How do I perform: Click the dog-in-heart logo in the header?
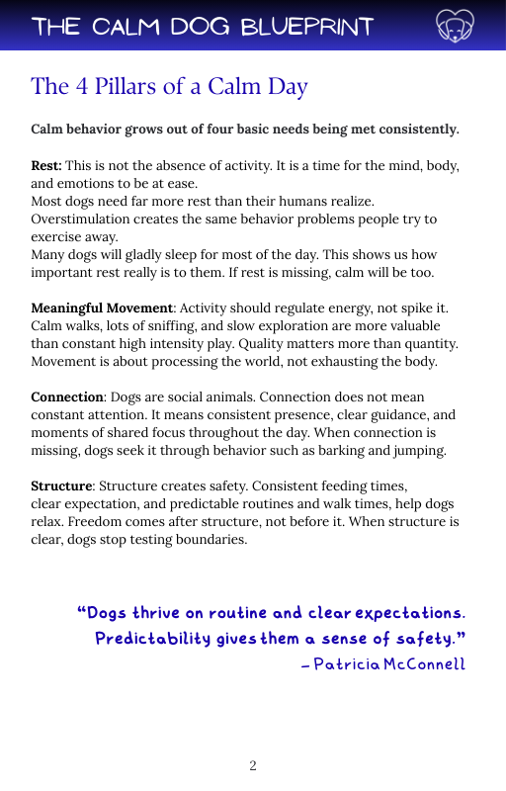coord(454,26)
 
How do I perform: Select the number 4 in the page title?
coord(80,87)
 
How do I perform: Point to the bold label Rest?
coord(46,165)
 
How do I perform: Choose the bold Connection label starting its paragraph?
coord(67,397)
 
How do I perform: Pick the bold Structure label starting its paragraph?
coord(61,486)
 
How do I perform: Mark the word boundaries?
coord(213,540)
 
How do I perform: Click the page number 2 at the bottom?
coord(253,766)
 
